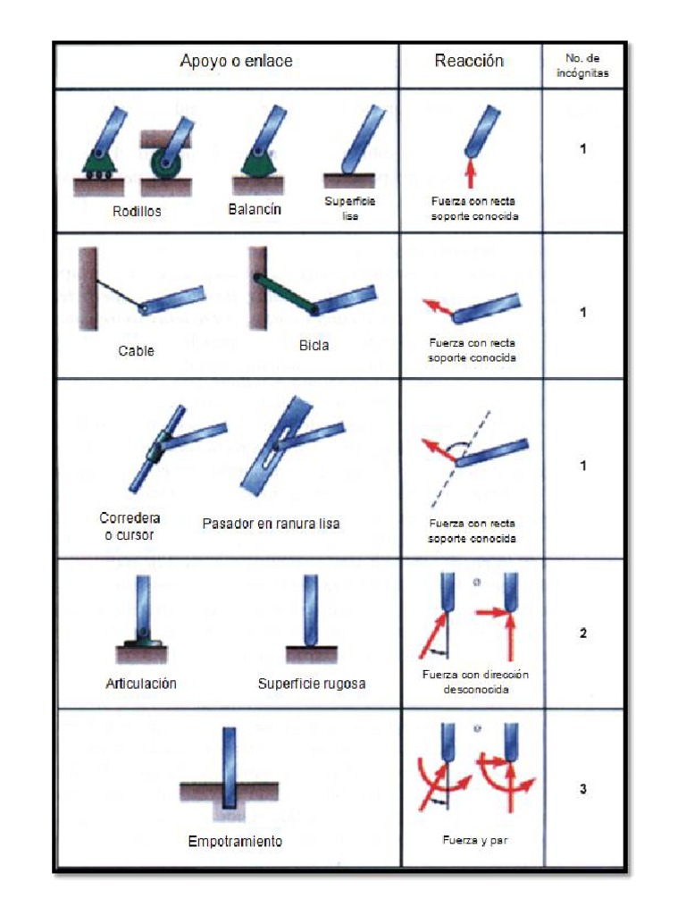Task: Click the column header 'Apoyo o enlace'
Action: pyautogui.click(x=236, y=62)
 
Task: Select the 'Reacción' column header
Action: pyautogui.click(x=469, y=62)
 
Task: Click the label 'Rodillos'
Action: pyautogui.click(x=137, y=212)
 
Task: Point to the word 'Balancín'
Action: pyautogui.click(x=255, y=209)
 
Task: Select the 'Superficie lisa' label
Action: pyautogui.click(x=349, y=209)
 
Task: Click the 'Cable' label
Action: pyautogui.click(x=136, y=351)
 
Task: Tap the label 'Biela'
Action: pyautogui.click(x=313, y=346)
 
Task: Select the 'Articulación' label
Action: pyautogui.click(x=140, y=684)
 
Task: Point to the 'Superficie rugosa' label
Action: pyautogui.click(x=312, y=684)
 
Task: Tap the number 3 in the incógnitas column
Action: pyautogui.click(x=583, y=789)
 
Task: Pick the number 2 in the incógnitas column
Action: pyautogui.click(x=583, y=634)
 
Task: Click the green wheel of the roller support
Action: pyautogui.click(x=163, y=164)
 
